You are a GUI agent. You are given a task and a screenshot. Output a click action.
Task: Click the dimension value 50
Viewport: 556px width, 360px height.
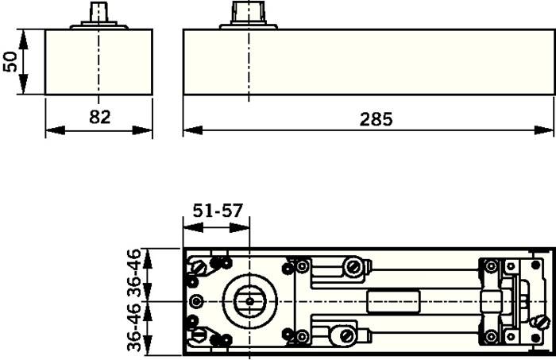10,62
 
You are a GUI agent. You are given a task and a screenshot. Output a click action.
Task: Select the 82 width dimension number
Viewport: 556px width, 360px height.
99,117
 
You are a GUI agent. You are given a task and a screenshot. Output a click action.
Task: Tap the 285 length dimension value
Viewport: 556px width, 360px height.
376,118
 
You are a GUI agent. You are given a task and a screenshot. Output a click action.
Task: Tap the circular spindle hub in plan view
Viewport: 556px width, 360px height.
249,302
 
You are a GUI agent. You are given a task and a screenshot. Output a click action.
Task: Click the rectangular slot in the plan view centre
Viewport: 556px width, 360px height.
393,302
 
